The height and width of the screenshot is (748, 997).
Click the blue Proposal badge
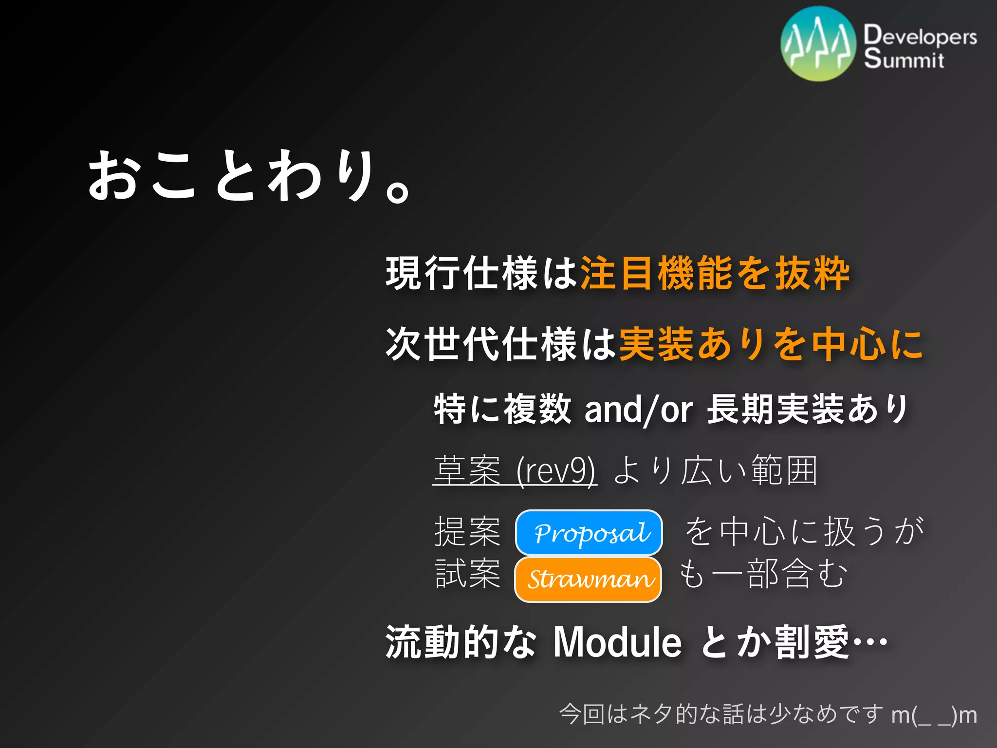pos(589,532)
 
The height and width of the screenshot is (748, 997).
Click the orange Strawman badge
pos(588,579)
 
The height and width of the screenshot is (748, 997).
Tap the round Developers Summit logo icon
pos(818,43)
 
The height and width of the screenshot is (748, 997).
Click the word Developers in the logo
pos(920,36)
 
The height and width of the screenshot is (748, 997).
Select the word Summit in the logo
pos(904,59)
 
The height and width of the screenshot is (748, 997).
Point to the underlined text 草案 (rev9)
pos(515,471)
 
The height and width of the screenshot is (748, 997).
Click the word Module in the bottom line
pos(617,642)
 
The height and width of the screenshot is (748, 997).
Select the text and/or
pos(638,409)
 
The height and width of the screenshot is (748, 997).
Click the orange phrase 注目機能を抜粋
pos(715,273)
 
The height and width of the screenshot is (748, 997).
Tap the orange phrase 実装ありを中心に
pos(771,344)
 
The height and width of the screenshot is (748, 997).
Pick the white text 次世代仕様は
pos(501,344)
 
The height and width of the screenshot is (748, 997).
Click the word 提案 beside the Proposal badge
pos(467,531)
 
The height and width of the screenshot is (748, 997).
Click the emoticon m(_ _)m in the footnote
pos(934,715)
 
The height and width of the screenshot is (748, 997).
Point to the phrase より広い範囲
pos(715,471)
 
